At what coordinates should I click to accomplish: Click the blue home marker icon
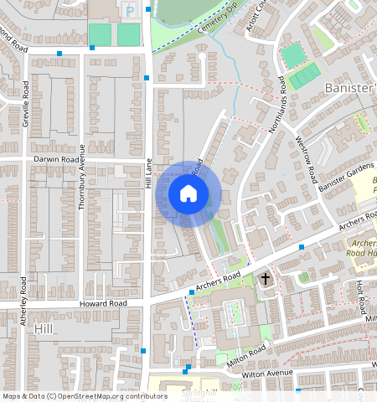(188, 194)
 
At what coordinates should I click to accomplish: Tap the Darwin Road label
(57, 159)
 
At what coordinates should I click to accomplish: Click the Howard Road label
(103, 303)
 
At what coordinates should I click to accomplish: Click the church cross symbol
(266, 279)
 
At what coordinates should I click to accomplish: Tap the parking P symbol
(128, 9)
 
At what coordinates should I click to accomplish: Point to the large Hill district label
(44, 331)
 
